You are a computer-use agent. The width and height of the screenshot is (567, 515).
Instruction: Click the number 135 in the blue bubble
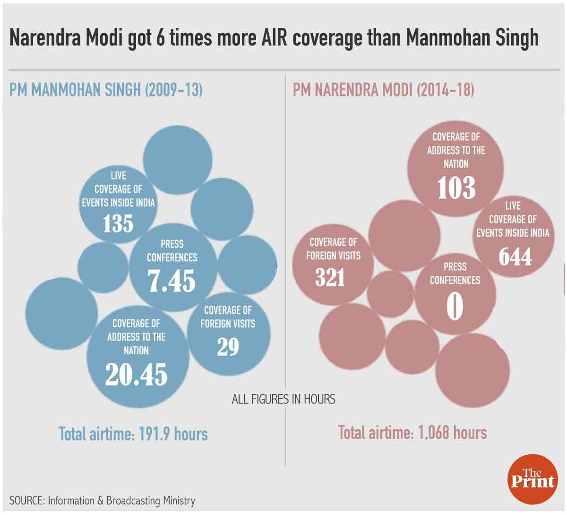click(x=118, y=223)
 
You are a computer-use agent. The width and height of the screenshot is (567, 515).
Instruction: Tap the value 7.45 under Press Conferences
click(x=172, y=281)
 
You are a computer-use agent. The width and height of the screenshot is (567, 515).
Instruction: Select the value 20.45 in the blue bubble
click(x=136, y=374)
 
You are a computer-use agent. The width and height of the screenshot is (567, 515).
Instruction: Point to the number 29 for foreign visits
click(x=228, y=347)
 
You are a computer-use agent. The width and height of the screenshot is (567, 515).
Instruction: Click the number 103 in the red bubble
click(x=456, y=188)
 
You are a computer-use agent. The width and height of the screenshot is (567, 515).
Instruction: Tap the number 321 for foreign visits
click(x=330, y=278)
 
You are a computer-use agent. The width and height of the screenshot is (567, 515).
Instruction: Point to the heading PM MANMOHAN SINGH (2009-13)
click(x=106, y=90)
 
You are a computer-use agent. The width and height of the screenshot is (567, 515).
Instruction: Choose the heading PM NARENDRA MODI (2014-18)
click(x=383, y=90)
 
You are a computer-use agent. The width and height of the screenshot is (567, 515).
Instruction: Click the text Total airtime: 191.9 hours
click(x=133, y=433)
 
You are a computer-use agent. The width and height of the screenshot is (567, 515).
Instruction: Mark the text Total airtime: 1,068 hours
click(x=412, y=432)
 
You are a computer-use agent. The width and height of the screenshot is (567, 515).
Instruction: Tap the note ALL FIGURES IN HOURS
click(x=283, y=399)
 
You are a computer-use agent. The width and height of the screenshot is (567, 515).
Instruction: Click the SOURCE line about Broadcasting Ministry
click(x=102, y=501)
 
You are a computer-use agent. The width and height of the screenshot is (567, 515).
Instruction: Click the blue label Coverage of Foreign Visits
click(x=228, y=317)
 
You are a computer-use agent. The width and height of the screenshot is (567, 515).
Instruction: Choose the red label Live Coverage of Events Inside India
click(x=513, y=219)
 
